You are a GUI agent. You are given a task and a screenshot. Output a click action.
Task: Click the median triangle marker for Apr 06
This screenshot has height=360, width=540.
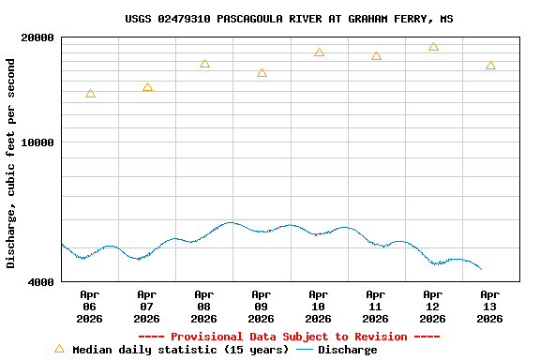point(90,94)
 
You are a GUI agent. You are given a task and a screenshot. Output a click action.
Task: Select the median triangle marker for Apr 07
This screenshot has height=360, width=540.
point(147,87)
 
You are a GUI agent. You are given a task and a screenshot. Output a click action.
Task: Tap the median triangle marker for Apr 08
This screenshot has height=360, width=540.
point(204,64)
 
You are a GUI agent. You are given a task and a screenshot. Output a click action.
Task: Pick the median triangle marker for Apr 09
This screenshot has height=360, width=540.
point(262,73)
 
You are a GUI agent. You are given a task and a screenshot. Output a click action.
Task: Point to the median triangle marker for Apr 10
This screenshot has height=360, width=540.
point(319,52)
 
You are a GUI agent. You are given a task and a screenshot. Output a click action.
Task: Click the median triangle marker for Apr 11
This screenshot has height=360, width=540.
point(376,56)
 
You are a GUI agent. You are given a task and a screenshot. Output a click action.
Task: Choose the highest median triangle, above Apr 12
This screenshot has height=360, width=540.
point(433,47)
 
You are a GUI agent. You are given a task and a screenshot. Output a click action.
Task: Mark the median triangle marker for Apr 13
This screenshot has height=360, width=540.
point(490,66)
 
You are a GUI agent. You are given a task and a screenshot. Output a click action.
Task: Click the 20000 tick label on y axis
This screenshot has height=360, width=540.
point(37,37)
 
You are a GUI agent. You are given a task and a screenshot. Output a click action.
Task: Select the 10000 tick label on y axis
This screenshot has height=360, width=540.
point(37,142)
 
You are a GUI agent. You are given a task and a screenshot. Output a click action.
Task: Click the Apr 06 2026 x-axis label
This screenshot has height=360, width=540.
point(90,307)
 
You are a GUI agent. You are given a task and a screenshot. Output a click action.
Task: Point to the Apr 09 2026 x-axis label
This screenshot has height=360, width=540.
point(262,307)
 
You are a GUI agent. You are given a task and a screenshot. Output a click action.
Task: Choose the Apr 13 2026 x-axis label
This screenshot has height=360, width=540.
point(490,307)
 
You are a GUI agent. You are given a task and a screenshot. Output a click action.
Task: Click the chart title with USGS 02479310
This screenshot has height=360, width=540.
point(289,19)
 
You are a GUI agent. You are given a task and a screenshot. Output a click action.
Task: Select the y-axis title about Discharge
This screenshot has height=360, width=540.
point(11,163)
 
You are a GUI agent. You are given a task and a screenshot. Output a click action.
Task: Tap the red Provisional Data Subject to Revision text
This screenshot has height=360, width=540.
point(289,337)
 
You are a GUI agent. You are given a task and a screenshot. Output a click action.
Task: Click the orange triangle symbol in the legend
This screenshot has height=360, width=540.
point(59,349)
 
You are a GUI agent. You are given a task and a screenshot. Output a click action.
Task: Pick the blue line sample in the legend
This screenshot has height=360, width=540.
point(305,350)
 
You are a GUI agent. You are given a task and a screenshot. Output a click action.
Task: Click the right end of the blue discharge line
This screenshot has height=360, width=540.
point(481,269)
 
